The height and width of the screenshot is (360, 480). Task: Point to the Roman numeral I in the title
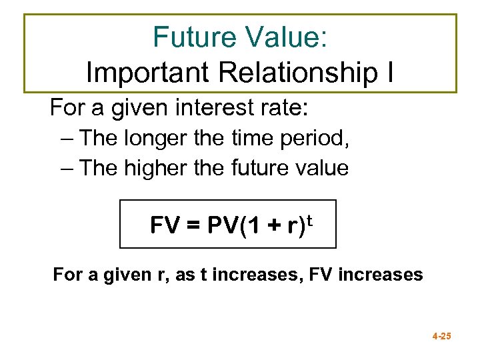pyautogui.click(x=389, y=72)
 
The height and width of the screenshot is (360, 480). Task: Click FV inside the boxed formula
pyautogui.click(x=164, y=226)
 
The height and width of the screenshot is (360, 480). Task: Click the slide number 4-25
pyautogui.click(x=441, y=337)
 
